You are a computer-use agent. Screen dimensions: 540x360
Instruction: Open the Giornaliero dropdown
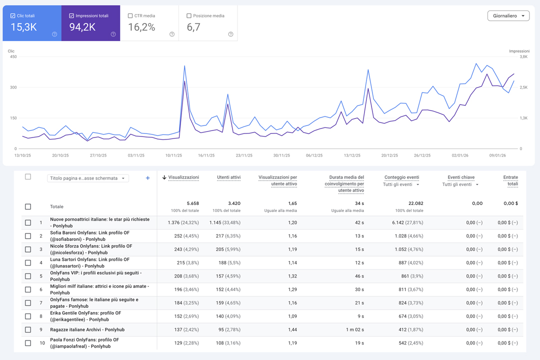click(508, 16)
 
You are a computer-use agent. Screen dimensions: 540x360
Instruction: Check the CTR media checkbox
click(130, 16)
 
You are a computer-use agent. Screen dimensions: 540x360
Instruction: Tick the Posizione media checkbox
click(188, 16)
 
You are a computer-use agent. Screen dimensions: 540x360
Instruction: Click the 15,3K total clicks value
click(24, 27)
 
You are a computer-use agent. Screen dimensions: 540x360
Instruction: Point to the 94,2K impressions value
click(82, 27)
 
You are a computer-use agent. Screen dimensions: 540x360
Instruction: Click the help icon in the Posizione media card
click(230, 34)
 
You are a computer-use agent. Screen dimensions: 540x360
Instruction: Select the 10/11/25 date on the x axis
click(173, 155)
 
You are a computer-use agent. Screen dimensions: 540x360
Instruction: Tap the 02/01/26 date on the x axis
click(460, 155)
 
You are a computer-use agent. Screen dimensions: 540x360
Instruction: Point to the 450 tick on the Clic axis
click(13, 57)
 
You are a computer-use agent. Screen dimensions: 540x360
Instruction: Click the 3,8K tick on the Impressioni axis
click(523, 57)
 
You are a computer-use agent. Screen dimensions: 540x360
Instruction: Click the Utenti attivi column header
click(228, 177)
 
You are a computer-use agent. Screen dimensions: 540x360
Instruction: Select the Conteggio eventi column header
click(401, 177)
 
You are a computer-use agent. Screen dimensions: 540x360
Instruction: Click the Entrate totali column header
click(510, 180)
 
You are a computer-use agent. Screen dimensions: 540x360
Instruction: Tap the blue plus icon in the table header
click(147, 178)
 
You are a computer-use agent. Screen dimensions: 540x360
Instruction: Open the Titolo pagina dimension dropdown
click(88, 178)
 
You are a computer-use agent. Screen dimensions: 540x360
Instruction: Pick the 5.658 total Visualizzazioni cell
click(193, 203)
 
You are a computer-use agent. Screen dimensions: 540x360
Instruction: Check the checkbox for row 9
click(28, 329)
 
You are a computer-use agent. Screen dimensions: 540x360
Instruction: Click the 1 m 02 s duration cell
click(354, 329)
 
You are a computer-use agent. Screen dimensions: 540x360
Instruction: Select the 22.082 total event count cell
click(416, 203)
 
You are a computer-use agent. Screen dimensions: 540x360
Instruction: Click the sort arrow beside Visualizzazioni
click(164, 177)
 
